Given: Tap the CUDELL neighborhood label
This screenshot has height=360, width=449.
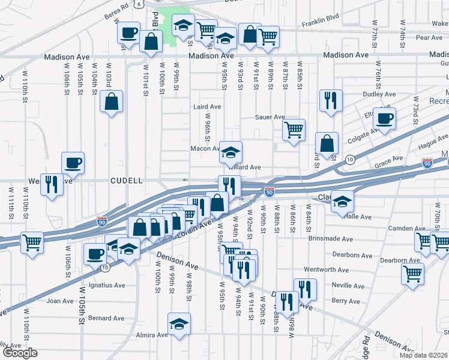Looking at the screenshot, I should coord(126,180).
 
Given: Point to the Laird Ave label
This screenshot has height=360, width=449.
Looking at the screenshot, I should coord(207,107).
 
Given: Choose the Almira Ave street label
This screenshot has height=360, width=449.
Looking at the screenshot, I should coord(151,335).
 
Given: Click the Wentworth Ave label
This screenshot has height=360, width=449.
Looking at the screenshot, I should coord(327,270).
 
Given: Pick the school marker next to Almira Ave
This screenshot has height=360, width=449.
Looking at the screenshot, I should coord(179,324).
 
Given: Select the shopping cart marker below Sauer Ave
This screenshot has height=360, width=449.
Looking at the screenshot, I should coord(294,129).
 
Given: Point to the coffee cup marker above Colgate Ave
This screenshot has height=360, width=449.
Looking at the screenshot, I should coord(384,118).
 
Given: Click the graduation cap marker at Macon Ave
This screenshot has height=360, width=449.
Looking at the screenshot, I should coord(230,152).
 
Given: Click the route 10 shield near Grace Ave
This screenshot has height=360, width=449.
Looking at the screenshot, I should coord(349,158).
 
